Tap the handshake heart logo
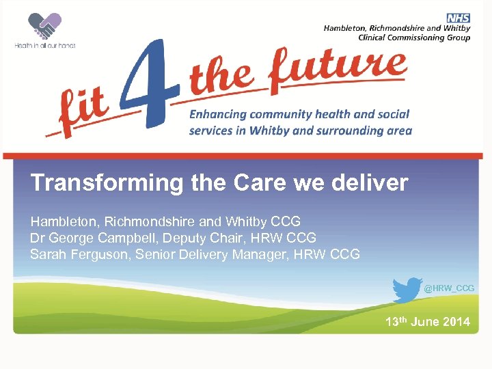click(x=44, y=27)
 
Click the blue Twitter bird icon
click(x=407, y=289)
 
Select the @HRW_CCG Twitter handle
click(x=449, y=289)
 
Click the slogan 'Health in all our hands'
click(x=45, y=46)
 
